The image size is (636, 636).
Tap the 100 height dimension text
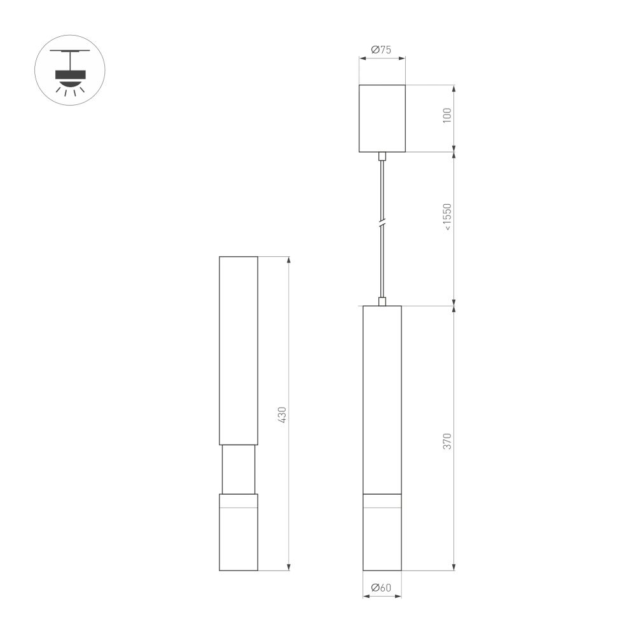pyautogui.click(x=447, y=116)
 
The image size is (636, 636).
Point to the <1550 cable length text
pyautogui.click(x=447, y=217)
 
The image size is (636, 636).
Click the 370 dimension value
pyautogui.click(x=447, y=441)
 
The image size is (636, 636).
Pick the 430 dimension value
pyautogui.click(x=283, y=415)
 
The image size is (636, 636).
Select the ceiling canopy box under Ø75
pyautogui.click(x=382, y=118)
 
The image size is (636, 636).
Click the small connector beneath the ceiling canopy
pyautogui.click(x=382, y=156)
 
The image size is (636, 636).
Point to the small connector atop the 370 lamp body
pyautogui.click(x=382, y=301)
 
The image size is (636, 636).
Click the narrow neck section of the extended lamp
pyautogui.click(x=238, y=469)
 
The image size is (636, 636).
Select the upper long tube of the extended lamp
pyautogui.click(x=238, y=350)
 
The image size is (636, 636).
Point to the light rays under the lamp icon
pyautogui.click(x=70, y=91)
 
